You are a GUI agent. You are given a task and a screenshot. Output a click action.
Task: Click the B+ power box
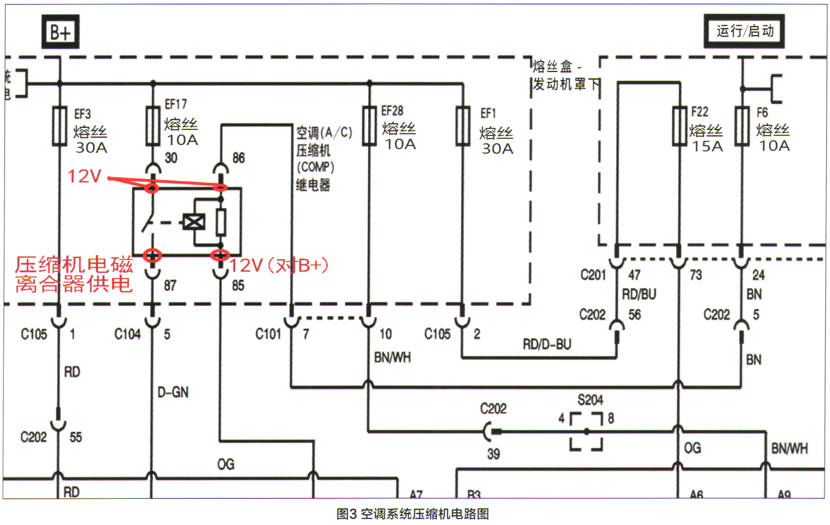click(60, 32)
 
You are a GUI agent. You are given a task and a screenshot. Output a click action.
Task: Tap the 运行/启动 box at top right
click(744, 31)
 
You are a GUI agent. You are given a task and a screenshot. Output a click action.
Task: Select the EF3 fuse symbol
click(59, 126)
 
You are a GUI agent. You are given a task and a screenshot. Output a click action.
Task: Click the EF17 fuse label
click(176, 105)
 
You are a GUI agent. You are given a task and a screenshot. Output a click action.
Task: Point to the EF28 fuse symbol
click(369, 126)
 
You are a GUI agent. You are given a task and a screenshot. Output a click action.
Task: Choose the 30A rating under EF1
click(497, 149)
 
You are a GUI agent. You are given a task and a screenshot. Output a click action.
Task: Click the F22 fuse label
click(699, 112)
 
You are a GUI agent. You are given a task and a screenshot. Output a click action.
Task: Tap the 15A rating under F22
click(707, 146)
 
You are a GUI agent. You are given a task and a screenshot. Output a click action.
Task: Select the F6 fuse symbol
click(742, 126)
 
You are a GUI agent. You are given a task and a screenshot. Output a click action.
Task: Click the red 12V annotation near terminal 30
click(84, 176)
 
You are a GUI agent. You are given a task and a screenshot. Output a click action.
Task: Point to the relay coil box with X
click(194, 222)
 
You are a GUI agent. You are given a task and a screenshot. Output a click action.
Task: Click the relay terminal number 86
click(239, 158)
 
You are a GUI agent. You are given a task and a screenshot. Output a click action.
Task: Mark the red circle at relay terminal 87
click(152, 256)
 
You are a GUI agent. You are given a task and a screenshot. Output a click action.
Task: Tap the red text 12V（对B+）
click(279, 265)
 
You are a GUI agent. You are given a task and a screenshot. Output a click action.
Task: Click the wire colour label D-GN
click(173, 392)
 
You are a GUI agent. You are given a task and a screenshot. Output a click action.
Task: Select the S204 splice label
click(590, 400)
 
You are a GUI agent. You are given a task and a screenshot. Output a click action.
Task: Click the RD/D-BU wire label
click(546, 344)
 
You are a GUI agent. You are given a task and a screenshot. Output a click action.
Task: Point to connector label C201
click(593, 274)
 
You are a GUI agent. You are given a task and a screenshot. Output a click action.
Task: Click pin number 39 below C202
click(493, 454)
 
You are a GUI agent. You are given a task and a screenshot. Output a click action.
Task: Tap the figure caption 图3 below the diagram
click(412, 514)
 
